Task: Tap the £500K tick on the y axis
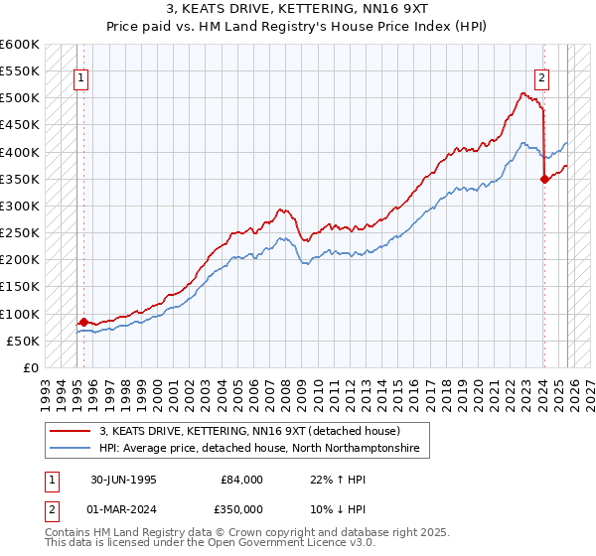(20, 98)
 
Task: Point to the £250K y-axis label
(20, 233)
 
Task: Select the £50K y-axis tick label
(23, 341)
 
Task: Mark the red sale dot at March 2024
(544, 180)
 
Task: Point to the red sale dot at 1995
(84, 322)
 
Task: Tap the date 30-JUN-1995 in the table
(123, 480)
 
